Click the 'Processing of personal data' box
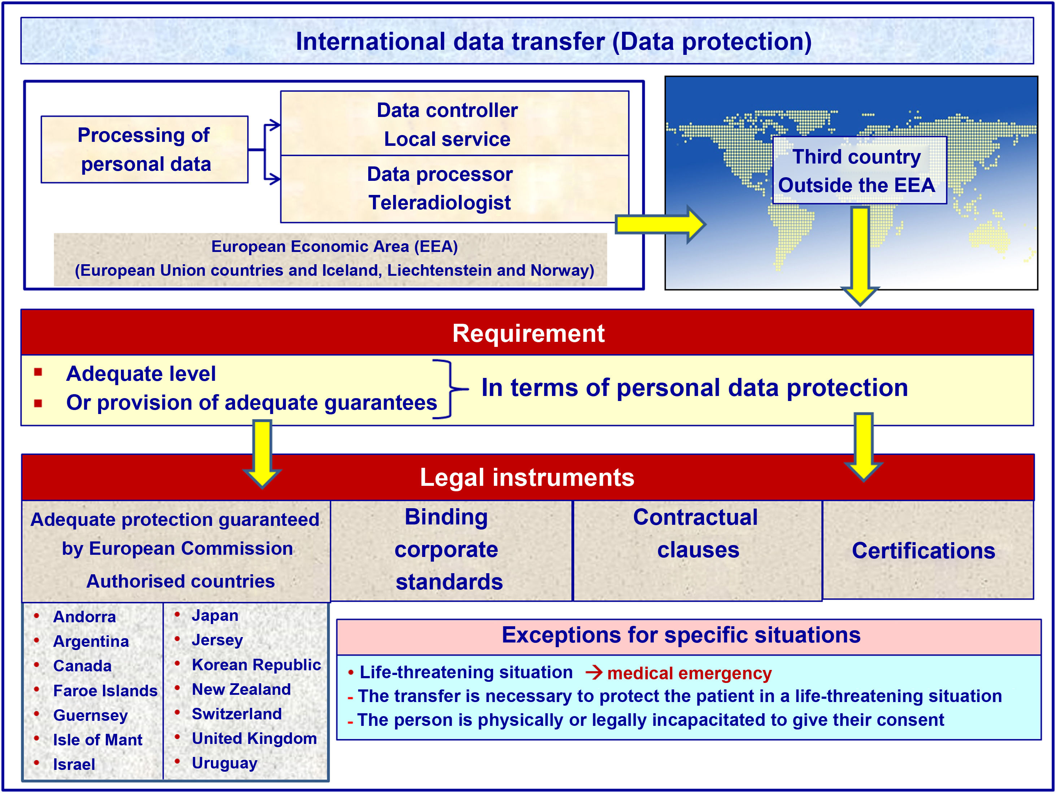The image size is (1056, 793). (144, 149)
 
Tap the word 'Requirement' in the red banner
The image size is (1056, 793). (528, 333)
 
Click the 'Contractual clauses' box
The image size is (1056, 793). (696, 534)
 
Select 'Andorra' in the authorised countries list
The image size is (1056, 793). (84, 617)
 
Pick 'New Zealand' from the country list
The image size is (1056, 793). (241, 689)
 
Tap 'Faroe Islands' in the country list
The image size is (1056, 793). (105, 691)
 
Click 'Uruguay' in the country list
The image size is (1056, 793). (224, 763)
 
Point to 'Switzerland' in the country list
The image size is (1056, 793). (237, 714)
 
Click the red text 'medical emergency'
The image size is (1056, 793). (689, 674)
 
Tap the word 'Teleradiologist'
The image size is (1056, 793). (439, 203)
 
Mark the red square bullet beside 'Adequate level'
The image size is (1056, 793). (38, 372)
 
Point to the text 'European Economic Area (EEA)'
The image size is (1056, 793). (334, 247)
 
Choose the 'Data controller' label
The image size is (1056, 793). (447, 110)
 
